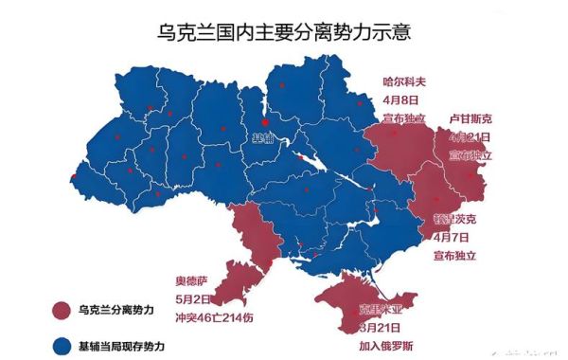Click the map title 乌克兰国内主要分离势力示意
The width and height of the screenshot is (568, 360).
[285, 31]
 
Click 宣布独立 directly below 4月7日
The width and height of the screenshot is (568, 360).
[453, 256]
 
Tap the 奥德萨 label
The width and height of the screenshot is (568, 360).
[192, 280]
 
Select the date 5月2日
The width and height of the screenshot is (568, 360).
[192, 298]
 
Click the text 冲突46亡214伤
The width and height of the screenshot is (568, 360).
[215, 316]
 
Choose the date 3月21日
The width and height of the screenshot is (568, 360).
[378, 327]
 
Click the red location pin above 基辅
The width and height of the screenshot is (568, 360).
[264, 121]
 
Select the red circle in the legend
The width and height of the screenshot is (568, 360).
[62, 310]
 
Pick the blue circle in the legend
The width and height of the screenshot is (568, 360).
[62, 343]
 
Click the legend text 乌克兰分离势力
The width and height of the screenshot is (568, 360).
[116, 310]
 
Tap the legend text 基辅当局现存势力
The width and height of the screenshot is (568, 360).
[123, 343]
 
